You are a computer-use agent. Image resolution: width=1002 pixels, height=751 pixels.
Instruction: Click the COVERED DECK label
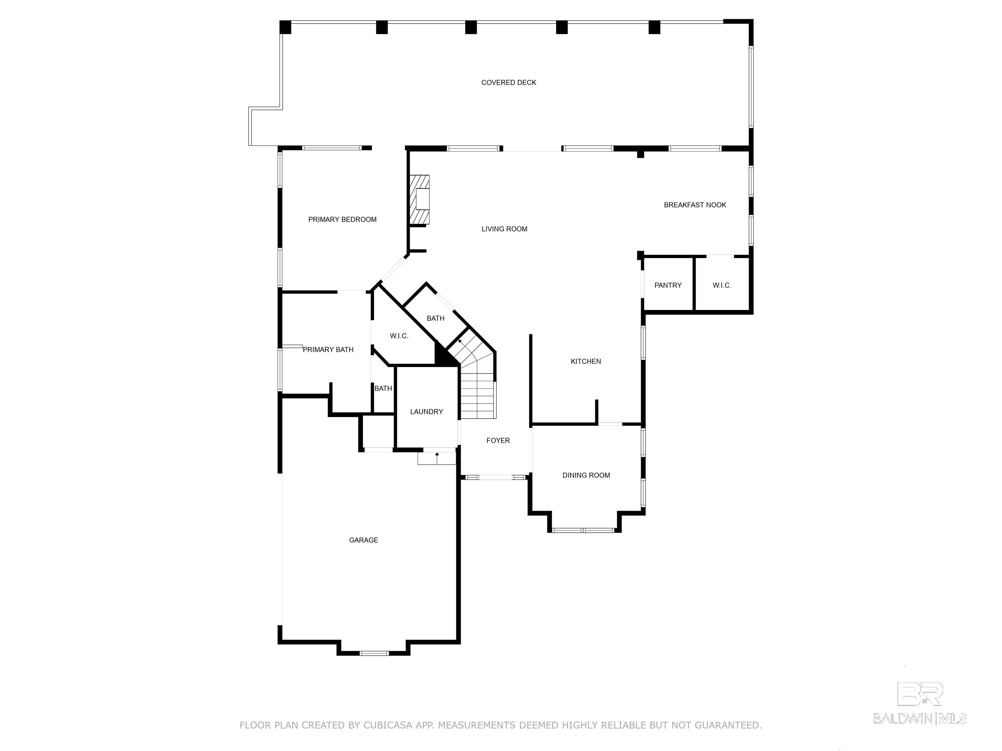tap(509, 82)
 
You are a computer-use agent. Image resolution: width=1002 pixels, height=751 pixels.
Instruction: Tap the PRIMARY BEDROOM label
tap(342, 220)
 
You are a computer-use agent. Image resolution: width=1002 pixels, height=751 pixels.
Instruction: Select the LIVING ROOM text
tap(504, 229)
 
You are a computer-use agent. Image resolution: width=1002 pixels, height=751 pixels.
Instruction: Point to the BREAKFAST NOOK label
tap(695, 205)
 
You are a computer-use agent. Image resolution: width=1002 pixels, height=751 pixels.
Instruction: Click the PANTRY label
tap(668, 285)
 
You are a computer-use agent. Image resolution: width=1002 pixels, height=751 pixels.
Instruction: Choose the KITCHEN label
tap(586, 361)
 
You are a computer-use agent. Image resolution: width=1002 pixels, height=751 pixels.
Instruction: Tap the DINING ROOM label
tap(586, 475)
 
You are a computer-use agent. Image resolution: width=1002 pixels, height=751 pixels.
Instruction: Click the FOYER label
tap(498, 440)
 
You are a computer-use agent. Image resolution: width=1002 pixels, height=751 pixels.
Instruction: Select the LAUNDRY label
tap(426, 411)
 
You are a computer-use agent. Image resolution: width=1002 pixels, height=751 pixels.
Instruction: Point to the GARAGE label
tap(363, 540)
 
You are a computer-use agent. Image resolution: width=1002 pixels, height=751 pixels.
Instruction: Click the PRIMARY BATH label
tap(328, 349)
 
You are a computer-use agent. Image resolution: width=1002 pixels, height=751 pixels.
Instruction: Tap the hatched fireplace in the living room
tap(419, 199)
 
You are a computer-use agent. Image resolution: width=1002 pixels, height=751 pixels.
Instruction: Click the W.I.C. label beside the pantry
tap(722, 285)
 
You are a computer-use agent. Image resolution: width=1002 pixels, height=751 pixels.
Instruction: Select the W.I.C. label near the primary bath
tap(399, 336)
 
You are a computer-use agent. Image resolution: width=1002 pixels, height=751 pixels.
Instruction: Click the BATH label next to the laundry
tap(383, 389)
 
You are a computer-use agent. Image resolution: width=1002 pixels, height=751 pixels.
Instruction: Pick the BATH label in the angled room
tap(435, 318)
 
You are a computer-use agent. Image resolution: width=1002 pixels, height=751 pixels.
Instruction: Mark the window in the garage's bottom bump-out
tap(374, 653)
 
